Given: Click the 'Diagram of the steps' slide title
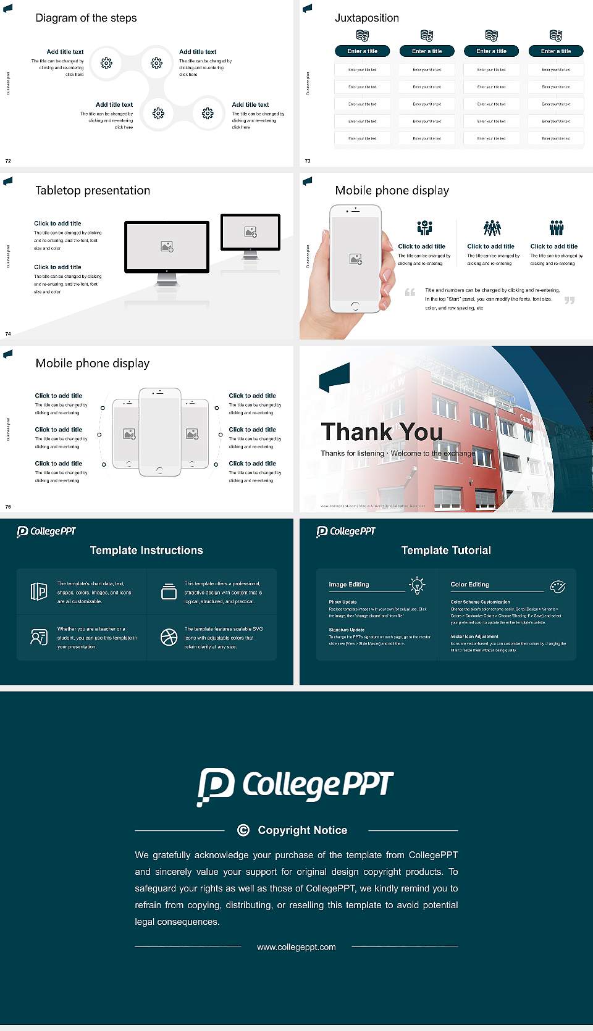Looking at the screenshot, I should tap(86, 18).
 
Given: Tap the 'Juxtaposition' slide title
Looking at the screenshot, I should tap(366, 18).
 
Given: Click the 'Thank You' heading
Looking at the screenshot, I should tap(381, 432).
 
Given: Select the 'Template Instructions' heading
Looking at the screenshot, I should tap(146, 550).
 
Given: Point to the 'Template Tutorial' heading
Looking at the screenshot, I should tap(446, 550).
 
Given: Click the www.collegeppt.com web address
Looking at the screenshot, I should tap(296, 947).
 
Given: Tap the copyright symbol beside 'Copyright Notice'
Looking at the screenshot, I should tap(243, 830).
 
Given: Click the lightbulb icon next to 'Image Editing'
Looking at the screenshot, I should tap(417, 585).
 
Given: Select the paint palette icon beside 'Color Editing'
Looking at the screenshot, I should tap(558, 586).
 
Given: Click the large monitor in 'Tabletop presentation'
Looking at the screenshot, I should tap(167, 247).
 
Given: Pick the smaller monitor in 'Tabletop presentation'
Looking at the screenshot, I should tap(250, 232).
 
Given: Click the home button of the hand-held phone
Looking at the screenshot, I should tap(355, 306).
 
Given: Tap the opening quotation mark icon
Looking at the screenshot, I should tap(410, 292).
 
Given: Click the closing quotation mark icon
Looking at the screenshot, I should tap(570, 300).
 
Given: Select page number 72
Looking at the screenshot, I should tap(8, 161).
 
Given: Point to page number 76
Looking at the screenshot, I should tap(8, 506).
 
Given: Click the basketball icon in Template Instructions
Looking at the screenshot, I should tap(169, 637).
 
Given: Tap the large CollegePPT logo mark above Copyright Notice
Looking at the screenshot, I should tap(216, 787).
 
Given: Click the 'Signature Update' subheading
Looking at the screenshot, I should tap(347, 630).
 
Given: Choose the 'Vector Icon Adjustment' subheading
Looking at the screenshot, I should tap(474, 636).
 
